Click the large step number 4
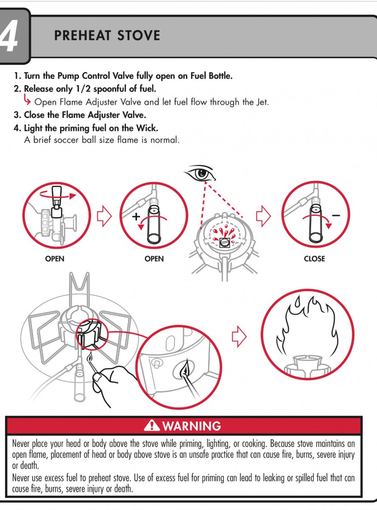(x=9, y=36)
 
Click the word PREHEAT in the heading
(x=83, y=35)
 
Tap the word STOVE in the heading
(x=139, y=35)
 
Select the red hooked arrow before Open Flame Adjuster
(x=27, y=99)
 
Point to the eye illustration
(x=200, y=173)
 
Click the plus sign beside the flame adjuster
(x=136, y=216)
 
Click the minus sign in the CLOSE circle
(x=336, y=215)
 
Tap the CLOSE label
(x=314, y=259)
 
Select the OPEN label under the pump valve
(x=54, y=259)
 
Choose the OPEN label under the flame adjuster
(x=154, y=259)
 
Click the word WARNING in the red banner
(x=191, y=425)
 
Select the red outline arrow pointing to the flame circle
(x=239, y=337)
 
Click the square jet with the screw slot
(x=224, y=243)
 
